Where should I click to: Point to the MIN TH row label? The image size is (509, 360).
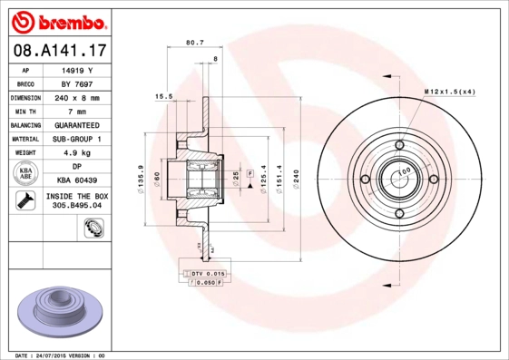tap(25, 111)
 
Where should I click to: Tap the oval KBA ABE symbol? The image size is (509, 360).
tap(25, 174)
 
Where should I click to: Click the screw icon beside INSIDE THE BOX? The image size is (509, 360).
tap(25, 201)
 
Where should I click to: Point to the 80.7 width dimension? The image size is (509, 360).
tap(194, 43)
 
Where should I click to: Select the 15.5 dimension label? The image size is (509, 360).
tap(163, 95)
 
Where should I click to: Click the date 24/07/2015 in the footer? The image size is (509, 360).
tap(61, 355)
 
